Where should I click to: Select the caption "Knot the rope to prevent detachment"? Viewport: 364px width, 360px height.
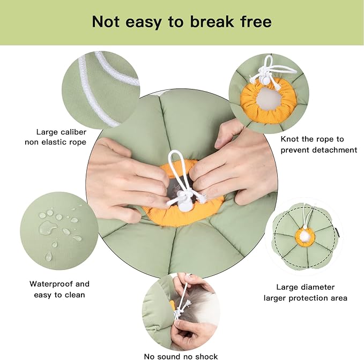coord(318,145)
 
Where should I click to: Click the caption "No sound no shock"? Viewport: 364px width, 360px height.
coord(181,356)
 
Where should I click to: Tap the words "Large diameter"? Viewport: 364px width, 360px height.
coord(305,287)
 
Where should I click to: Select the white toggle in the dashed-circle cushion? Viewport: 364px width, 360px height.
coord(304,236)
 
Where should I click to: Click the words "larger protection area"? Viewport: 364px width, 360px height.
coord(305,298)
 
